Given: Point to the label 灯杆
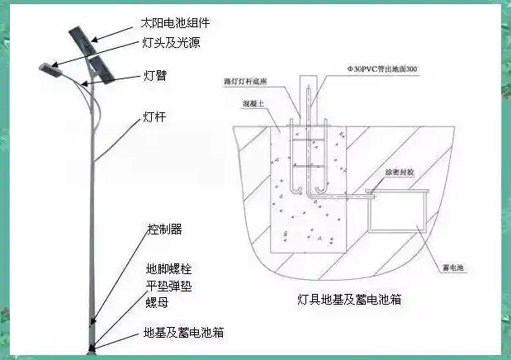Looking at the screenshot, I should click(x=155, y=117).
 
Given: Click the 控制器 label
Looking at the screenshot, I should click(x=163, y=229).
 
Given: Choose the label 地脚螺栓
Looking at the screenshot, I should click(x=168, y=269).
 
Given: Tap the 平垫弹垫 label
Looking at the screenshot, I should click(x=168, y=286).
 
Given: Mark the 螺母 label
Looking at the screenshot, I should click(x=157, y=301).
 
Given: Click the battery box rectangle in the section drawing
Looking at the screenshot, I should click(x=396, y=211).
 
